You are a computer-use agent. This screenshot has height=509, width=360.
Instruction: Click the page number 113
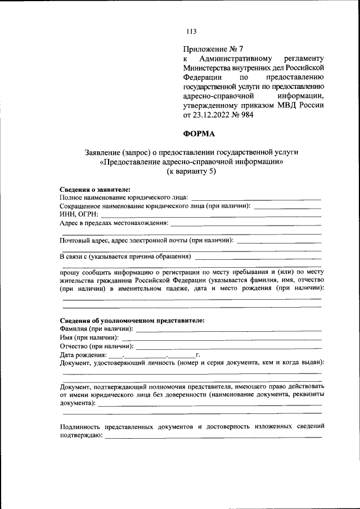point(192,31)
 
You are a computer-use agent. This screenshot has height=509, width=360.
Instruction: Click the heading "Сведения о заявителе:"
point(95,190)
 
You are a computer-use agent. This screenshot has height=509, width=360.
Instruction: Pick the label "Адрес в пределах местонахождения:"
point(114,223)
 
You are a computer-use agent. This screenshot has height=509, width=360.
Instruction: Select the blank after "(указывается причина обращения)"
point(258,258)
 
